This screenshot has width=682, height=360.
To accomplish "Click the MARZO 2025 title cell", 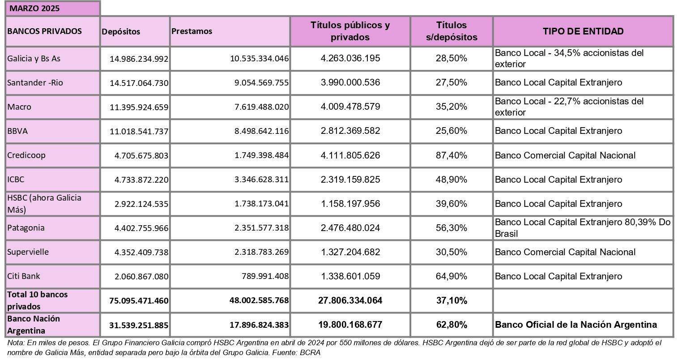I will pyautogui.click(x=34, y=9).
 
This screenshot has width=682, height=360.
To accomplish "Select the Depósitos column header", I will pyautogui.click(x=121, y=31).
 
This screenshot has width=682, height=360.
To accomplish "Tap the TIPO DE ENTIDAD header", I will pyautogui.click(x=583, y=31).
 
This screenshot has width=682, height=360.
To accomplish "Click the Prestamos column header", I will pyautogui.click(x=192, y=31).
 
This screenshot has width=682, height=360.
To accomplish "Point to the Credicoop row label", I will pyautogui.click(x=26, y=155).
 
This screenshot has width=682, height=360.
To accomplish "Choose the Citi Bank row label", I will pyautogui.click(x=24, y=276).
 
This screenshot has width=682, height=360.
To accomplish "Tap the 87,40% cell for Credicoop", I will pyautogui.click(x=451, y=155).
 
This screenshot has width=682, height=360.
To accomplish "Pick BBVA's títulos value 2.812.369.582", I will pyautogui.click(x=350, y=131).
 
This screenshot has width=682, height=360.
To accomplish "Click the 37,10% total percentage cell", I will pyautogui.click(x=451, y=300).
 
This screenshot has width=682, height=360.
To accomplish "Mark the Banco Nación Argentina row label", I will pyautogui.click(x=34, y=325).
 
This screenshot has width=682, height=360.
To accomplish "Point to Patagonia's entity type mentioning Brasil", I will pyautogui.click(x=583, y=228).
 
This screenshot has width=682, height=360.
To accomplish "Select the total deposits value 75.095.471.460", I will pyautogui.click(x=139, y=300).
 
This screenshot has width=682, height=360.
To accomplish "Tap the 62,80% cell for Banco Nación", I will pyautogui.click(x=451, y=325).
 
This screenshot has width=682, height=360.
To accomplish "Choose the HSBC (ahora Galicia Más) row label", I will pyautogui.click(x=44, y=203).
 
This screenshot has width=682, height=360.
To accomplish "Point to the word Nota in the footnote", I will pyautogui.click(x=16, y=343).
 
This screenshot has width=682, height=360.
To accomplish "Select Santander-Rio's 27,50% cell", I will pyautogui.click(x=451, y=82).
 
